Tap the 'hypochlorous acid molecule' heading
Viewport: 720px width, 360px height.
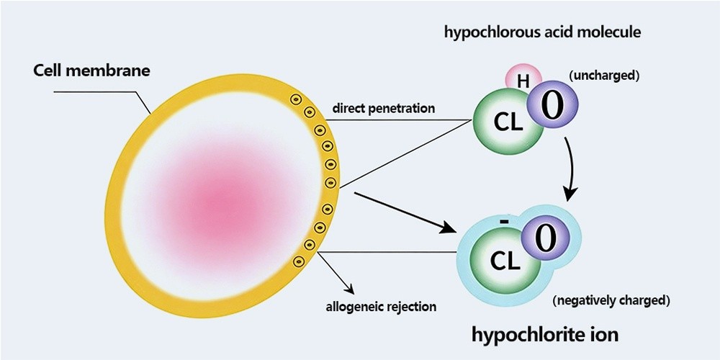[x=543, y=32]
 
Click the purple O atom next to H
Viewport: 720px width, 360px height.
[x=553, y=104]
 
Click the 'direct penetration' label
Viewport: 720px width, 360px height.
[x=383, y=109]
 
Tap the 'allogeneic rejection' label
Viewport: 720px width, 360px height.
[x=381, y=305]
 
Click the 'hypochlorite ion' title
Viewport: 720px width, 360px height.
[x=544, y=334]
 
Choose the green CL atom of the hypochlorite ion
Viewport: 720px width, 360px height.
[x=505, y=260]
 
